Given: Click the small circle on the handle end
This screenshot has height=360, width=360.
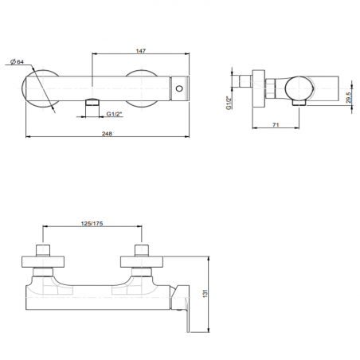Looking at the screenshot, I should [x=182, y=88].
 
